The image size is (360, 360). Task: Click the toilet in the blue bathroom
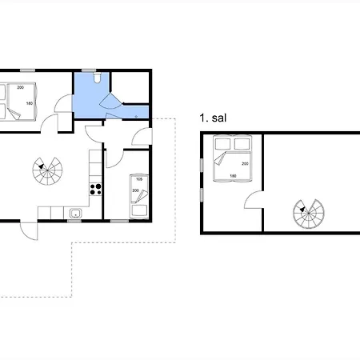click(x=97, y=78)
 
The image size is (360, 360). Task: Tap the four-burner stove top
click(x=95, y=189)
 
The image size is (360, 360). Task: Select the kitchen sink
click(x=76, y=214)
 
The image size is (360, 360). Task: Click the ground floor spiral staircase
click(x=47, y=171)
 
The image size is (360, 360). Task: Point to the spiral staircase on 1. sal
click(x=309, y=214)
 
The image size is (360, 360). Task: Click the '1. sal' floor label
click(x=213, y=118)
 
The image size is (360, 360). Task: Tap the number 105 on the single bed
click(x=139, y=179)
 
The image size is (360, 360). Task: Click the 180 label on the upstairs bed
click(x=233, y=176)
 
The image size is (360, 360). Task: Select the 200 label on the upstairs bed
click(x=245, y=163)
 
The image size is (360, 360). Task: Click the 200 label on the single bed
click(x=135, y=190)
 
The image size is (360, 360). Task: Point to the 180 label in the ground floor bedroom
click(x=30, y=103)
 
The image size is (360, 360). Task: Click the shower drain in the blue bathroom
click(x=136, y=117)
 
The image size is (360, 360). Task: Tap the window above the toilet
click(x=89, y=70)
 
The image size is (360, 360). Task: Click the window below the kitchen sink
click(x=74, y=221)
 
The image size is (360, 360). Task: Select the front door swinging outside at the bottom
click(x=29, y=230)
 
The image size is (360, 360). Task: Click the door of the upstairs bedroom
click(x=254, y=199)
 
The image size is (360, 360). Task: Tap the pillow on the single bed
click(x=139, y=210)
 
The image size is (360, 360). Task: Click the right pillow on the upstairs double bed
click(x=242, y=144)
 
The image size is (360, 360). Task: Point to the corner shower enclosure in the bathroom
click(x=111, y=101)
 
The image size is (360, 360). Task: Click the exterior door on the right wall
click(x=142, y=137)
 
